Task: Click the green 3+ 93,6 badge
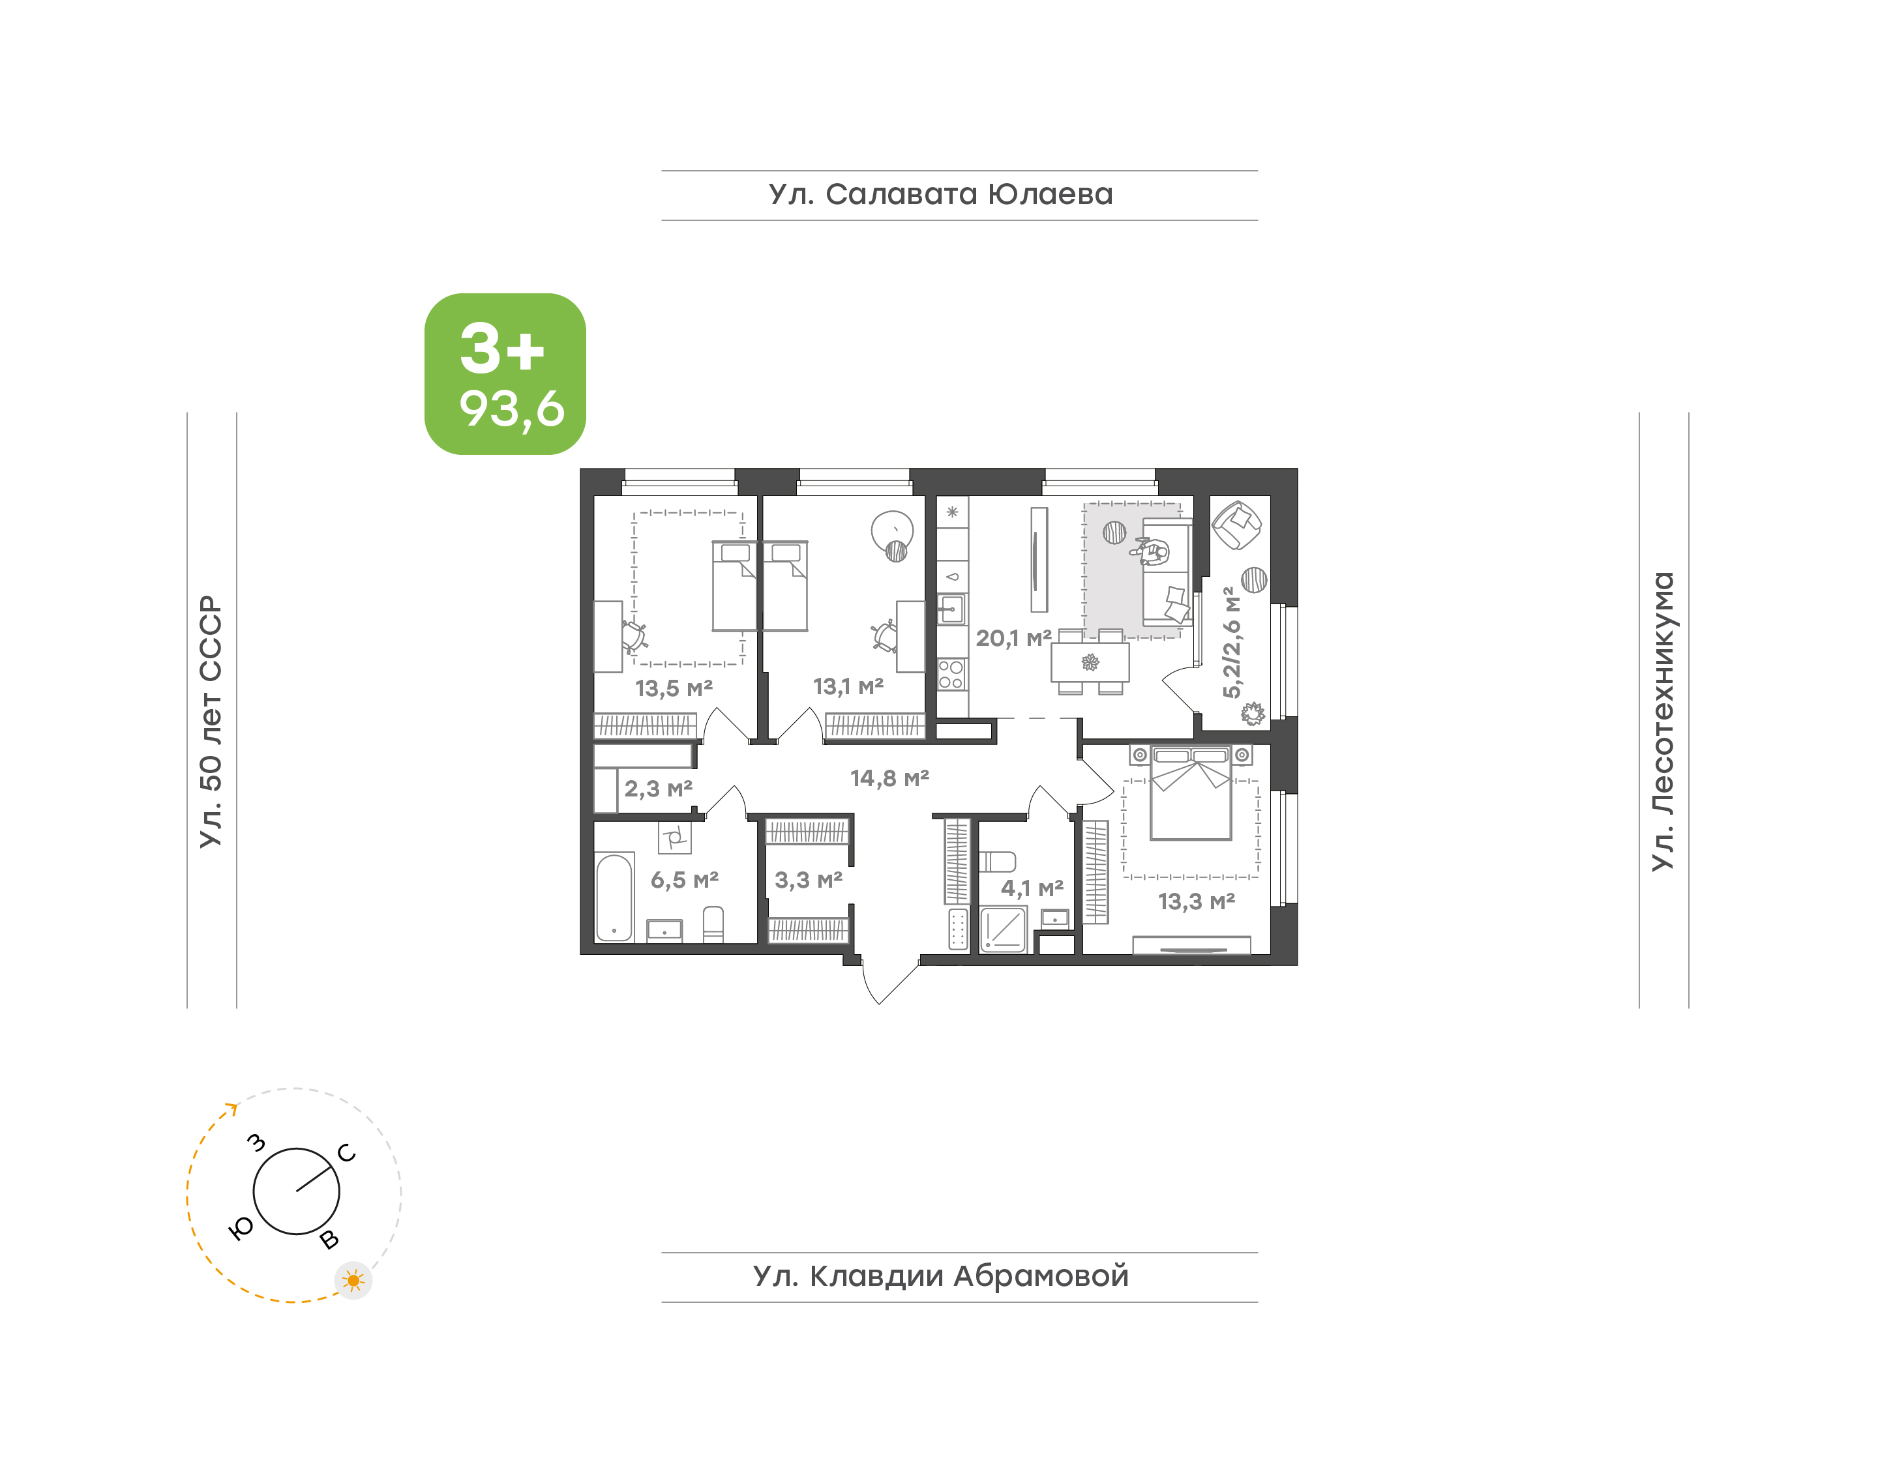[x=505, y=373]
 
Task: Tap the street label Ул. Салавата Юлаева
[x=940, y=195]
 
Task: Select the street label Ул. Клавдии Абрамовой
[x=940, y=1276]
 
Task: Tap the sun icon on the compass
[x=353, y=1281]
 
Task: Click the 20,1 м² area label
[x=1013, y=638]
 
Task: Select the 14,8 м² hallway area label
[x=889, y=778]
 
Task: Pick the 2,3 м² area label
[x=658, y=788]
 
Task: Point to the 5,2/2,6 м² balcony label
[x=1232, y=643]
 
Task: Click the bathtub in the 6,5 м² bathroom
[x=614, y=897]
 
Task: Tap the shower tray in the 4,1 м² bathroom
[x=1004, y=929]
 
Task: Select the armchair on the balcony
[x=1237, y=525]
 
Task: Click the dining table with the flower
[x=1090, y=662]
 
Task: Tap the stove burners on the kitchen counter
[x=951, y=675]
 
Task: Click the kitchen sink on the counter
[x=951, y=609]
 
